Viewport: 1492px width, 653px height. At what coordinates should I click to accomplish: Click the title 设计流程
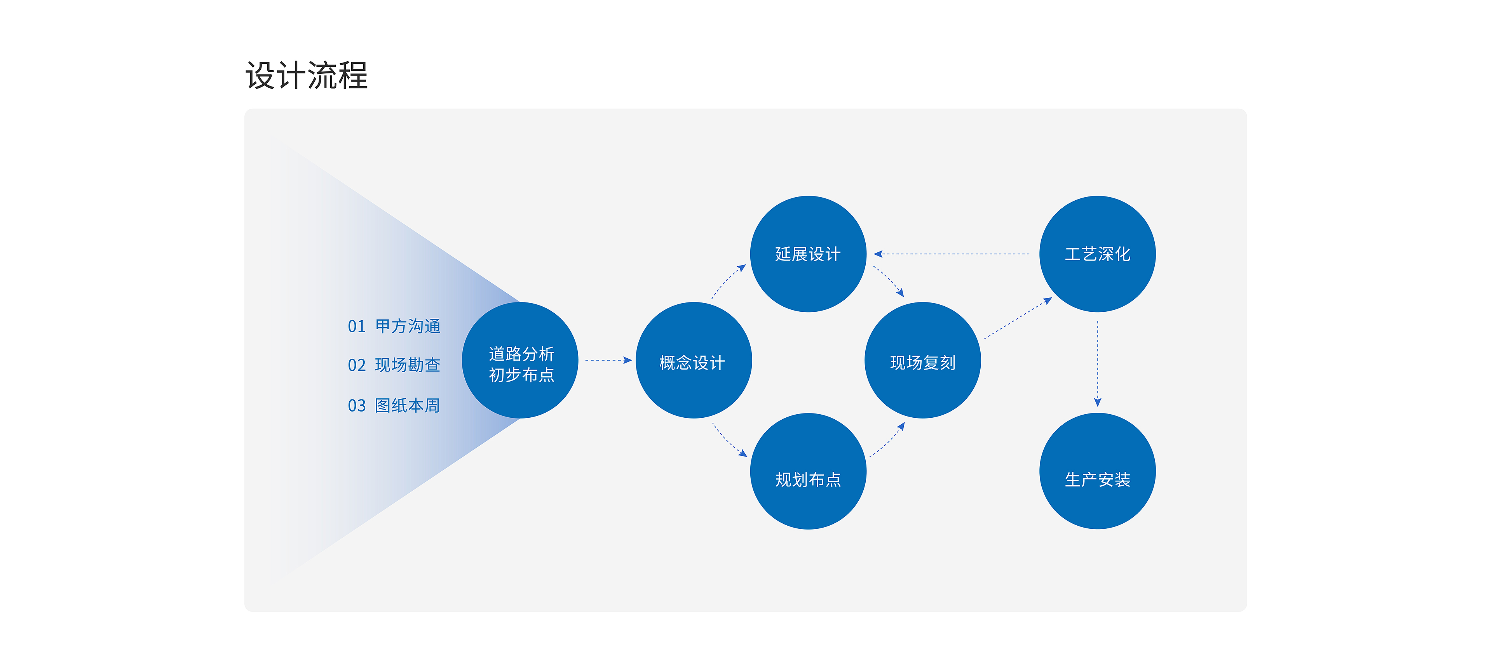point(307,75)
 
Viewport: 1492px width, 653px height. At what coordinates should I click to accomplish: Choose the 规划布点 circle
point(808,471)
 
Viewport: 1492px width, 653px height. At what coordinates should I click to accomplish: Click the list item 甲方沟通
point(408,326)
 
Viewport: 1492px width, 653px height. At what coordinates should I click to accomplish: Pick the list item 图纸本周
point(407,405)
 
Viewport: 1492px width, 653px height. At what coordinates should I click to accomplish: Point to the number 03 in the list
point(357,406)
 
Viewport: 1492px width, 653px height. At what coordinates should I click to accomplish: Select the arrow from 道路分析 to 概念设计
point(608,360)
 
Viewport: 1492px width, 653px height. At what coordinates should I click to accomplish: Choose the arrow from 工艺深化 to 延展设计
point(952,254)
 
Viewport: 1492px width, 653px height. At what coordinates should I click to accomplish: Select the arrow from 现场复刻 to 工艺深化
point(1018,318)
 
